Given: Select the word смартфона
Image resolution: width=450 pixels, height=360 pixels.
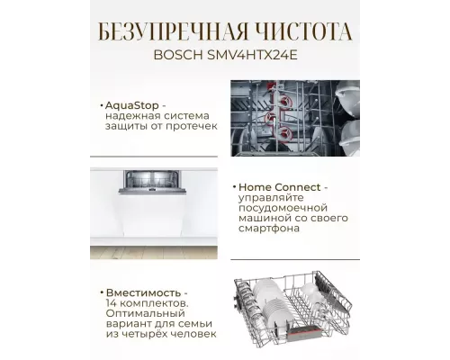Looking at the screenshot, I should (x=269, y=230).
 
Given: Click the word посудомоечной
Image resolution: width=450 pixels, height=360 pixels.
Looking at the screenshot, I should (x=277, y=209).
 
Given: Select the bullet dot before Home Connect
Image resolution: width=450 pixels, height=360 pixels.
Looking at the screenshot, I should (x=232, y=187).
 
